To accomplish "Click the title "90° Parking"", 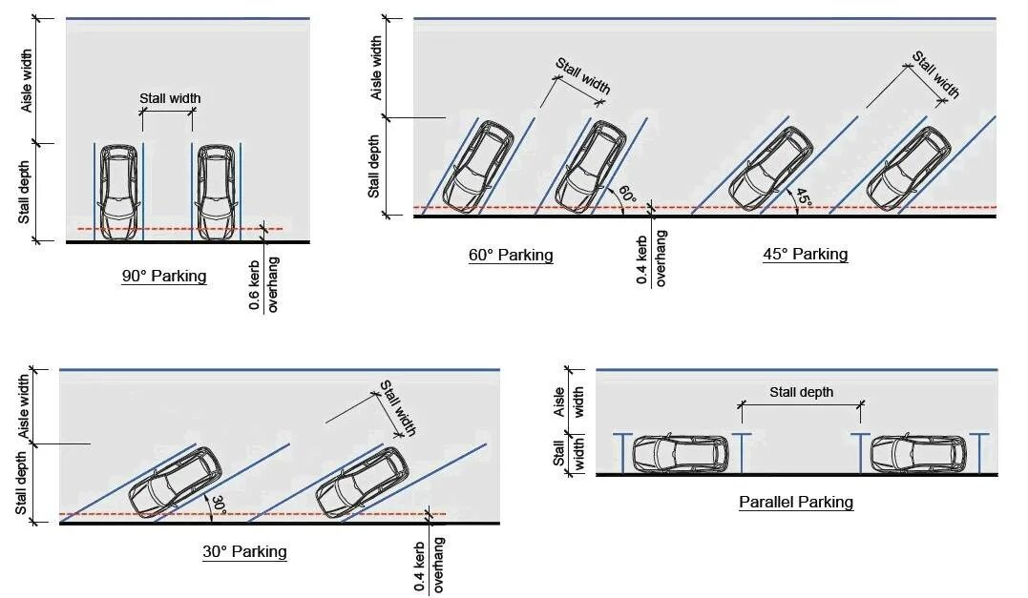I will [164, 277].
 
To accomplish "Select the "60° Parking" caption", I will [511, 255].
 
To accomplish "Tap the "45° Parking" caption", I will [806, 254].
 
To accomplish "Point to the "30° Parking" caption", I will [244, 551].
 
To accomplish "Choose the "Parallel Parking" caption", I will [796, 502].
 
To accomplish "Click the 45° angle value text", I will [804, 196].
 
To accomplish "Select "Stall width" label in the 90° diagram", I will [170, 98].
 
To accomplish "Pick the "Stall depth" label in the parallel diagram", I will [801, 392].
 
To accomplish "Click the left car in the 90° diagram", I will [119, 192].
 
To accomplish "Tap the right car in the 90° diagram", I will [216, 192].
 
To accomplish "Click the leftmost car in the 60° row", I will [479, 166].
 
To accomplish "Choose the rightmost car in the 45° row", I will [909, 169].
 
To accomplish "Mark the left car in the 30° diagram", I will [175, 480].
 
